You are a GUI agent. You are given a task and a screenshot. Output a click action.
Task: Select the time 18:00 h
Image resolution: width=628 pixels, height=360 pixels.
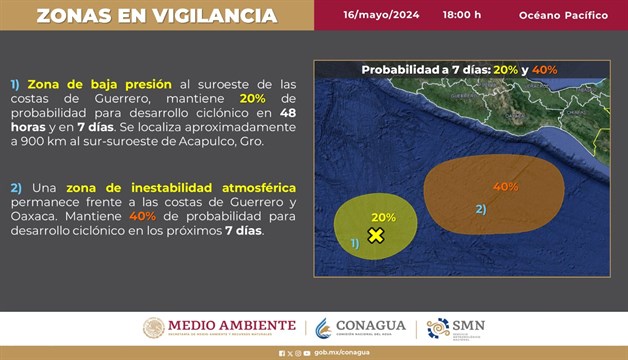461,16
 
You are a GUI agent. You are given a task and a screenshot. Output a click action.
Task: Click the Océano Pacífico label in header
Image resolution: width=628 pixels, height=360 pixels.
562,16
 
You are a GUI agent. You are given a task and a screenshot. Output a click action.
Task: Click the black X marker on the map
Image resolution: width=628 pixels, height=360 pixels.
376,235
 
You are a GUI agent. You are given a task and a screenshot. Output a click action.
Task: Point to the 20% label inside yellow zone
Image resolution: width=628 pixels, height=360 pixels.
383,217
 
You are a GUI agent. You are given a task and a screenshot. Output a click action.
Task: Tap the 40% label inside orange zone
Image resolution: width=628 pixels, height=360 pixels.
505,187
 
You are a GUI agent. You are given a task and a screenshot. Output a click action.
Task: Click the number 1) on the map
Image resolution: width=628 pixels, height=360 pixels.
354,243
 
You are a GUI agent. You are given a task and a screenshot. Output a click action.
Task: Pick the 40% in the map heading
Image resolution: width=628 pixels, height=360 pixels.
544,70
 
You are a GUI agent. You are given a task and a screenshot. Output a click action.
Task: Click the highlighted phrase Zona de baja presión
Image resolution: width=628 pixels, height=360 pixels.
100,84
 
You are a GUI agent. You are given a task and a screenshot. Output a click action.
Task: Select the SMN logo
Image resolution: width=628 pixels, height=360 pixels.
455,327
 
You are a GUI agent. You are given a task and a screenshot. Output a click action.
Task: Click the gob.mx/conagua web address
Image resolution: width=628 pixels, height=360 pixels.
335,352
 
